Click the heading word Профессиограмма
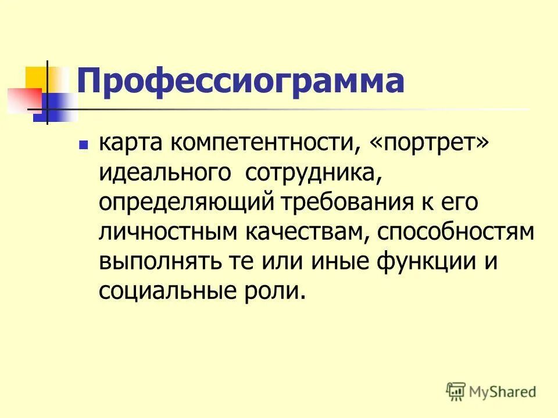(240, 81)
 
